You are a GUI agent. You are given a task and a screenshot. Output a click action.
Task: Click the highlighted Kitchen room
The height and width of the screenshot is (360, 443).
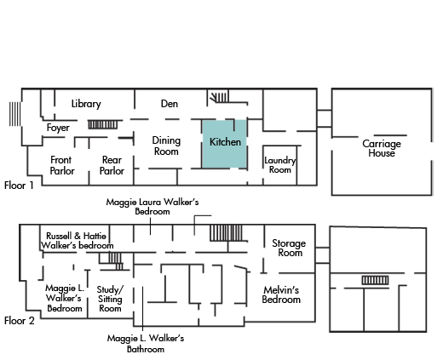224,144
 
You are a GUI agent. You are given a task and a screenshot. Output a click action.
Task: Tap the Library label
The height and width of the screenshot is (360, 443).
86,104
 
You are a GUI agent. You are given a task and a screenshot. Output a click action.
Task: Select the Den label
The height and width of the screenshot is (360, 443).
170,104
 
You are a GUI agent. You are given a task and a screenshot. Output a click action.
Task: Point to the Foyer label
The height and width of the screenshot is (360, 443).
58,128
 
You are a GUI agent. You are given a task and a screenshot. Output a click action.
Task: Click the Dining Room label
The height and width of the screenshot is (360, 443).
166,146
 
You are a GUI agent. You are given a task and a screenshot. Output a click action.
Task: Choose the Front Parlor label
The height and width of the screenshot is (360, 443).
62,165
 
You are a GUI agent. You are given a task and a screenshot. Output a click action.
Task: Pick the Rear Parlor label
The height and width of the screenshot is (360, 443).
112,165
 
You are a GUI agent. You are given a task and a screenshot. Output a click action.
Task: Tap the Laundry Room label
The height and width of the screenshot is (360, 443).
280,165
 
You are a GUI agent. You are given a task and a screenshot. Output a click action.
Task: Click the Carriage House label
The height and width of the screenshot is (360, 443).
382,148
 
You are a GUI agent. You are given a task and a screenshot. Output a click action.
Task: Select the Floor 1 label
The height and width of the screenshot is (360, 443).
19,186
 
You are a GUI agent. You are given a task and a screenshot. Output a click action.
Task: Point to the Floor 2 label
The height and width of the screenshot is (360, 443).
20,321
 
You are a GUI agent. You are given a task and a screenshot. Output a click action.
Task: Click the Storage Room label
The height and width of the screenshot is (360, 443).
289,248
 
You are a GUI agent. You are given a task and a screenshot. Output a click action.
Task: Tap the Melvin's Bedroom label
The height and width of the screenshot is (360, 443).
281,294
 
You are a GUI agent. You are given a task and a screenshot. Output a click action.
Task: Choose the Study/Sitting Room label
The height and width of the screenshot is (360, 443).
110,299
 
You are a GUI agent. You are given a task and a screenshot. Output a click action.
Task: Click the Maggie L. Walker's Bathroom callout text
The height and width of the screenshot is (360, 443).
146,344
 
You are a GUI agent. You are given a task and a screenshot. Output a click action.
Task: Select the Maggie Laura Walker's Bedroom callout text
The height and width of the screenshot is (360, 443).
152,207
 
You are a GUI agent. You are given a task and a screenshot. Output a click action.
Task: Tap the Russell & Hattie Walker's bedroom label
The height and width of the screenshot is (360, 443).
77,241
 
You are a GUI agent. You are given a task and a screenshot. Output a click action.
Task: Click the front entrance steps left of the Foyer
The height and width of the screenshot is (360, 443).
14,114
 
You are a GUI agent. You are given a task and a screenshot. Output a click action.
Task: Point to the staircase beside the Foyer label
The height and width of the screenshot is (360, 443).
102,124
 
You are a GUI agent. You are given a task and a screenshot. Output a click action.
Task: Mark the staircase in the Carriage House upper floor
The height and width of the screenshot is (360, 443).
375,280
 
